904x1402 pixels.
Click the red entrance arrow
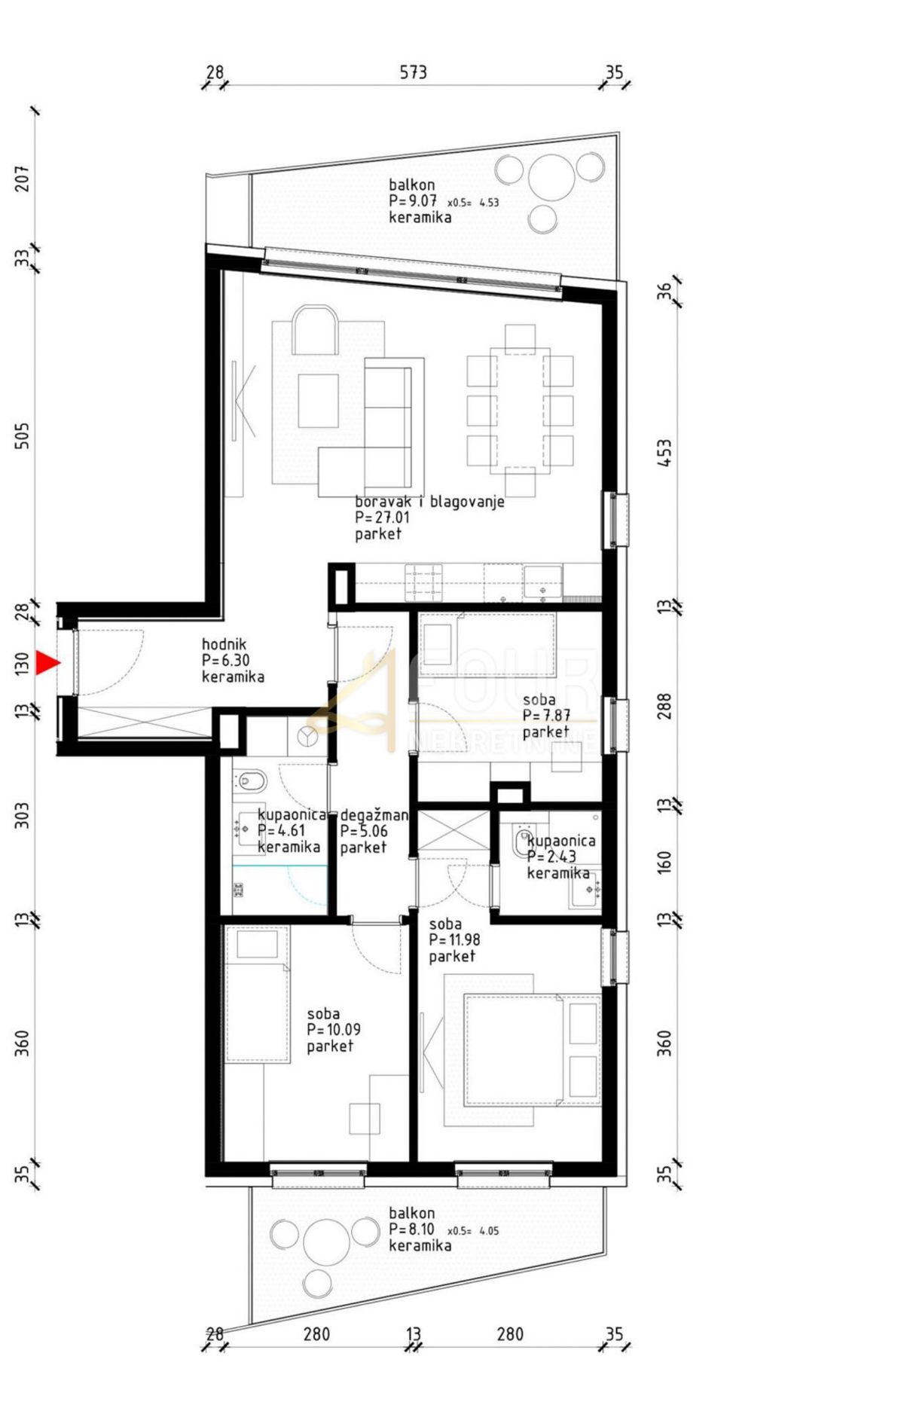pos(47,662)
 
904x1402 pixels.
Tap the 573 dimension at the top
pos(413,72)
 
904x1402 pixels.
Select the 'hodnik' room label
pos(224,644)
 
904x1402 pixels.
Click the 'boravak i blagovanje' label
pos(429,501)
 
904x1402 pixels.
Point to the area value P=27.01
pos(382,518)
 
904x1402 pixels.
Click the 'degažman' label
pos(374,815)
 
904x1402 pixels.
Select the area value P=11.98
pos(454,939)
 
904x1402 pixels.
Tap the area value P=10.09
pos(334,1030)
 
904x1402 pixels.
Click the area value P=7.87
pos(546,716)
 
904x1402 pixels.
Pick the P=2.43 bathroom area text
pos(551,857)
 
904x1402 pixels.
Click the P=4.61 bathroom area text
pos(282,831)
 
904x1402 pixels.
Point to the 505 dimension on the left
pos(23,435)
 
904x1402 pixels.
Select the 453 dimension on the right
pos(664,453)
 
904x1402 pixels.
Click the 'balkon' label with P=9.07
pos(412,185)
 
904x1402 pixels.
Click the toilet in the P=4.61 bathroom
pos(249,781)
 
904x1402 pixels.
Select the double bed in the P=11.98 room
pos(515,1050)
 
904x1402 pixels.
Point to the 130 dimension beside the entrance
pos(23,663)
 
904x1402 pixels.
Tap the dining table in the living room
pos(520,411)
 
